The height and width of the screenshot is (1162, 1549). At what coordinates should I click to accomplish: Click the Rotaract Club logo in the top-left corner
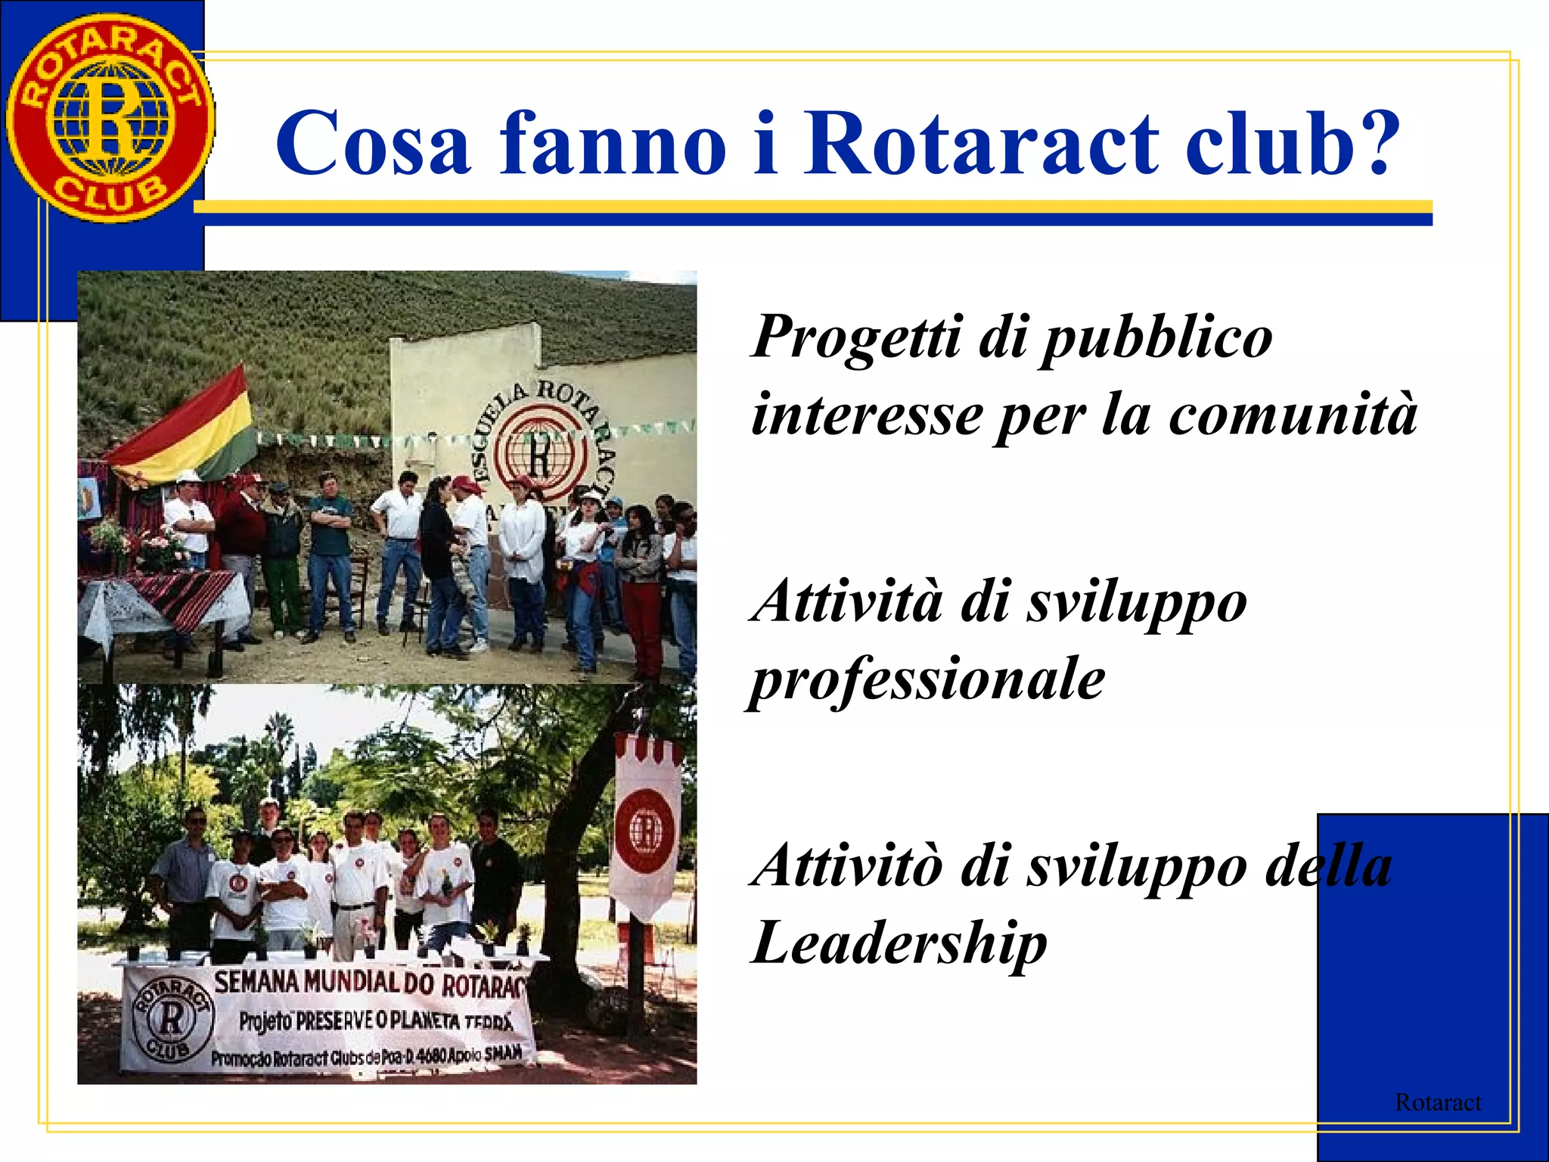click(110, 119)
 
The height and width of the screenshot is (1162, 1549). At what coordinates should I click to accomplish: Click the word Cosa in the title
click(374, 144)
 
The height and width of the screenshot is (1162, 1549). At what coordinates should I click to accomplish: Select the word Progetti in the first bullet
click(858, 338)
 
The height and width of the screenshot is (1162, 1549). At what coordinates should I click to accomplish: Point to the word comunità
click(1293, 415)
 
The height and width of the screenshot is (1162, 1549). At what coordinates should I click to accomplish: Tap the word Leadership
click(899, 943)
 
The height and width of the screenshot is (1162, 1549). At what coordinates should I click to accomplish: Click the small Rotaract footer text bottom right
click(1437, 1102)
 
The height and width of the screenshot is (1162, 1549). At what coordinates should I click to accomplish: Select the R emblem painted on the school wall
click(539, 452)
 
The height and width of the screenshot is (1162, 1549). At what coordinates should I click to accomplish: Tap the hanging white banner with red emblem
click(647, 825)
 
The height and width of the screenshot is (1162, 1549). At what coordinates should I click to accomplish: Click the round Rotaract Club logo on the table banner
click(172, 1018)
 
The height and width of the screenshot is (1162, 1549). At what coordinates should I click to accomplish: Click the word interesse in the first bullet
click(867, 415)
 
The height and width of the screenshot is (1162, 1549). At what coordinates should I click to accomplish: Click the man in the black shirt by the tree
click(495, 870)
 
